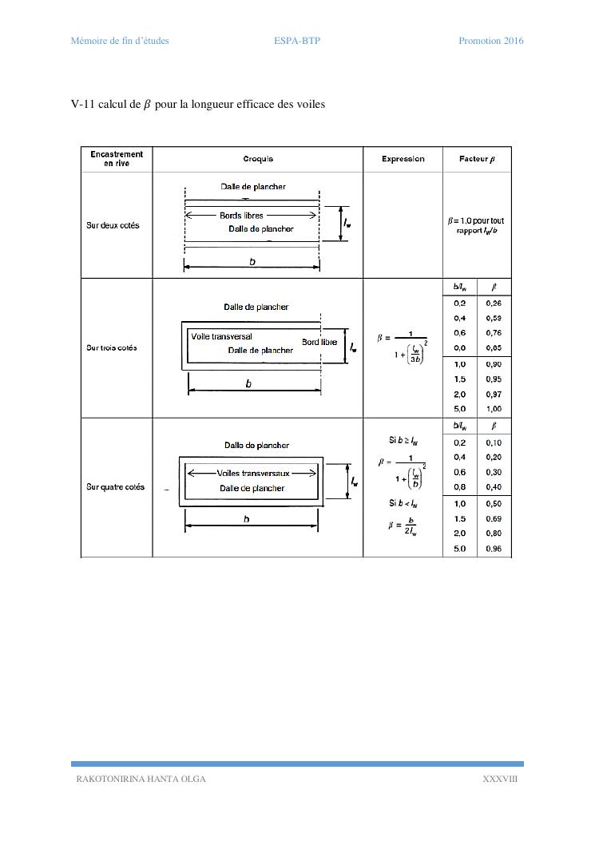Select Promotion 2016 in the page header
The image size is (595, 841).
click(x=490, y=41)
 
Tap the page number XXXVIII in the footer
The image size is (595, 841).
click(x=500, y=780)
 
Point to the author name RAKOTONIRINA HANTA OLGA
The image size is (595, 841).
click(x=141, y=780)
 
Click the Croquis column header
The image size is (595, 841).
click(x=257, y=159)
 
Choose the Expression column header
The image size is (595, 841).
click(x=403, y=159)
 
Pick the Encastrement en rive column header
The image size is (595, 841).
click(x=117, y=159)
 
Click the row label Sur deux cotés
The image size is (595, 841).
click(x=113, y=225)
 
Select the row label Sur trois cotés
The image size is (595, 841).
click(x=112, y=347)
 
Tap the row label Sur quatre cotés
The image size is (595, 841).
click(x=116, y=487)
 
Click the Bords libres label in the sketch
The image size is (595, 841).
click(x=241, y=215)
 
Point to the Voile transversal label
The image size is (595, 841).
click(x=221, y=336)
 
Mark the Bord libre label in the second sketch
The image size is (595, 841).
click(x=319, y=342)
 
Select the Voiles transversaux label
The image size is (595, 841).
click(x=253, y=473)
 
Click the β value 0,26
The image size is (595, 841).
click(x=494, y=303)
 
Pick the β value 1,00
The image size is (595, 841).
click(x=494, y=409)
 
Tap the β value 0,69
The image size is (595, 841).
click(x=494, y=519)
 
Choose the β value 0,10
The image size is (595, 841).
click(x=494, y=442)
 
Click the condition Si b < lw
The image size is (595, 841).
click(x=403, y=503)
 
